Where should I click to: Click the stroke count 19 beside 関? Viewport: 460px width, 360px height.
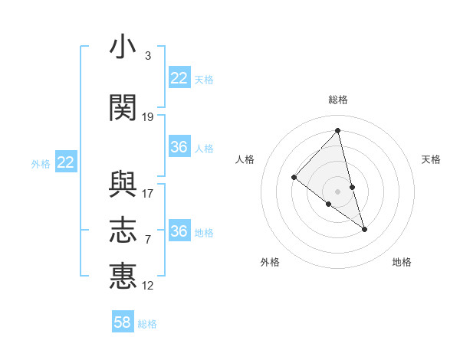[148, 117]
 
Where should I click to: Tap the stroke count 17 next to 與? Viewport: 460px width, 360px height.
[148, 194]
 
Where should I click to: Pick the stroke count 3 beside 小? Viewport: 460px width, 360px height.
[147, 56]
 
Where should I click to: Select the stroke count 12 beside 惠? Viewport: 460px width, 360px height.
[148, 286]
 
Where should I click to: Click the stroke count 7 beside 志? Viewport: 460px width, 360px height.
[147, 240]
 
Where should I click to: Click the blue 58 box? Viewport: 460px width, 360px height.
[123, 322]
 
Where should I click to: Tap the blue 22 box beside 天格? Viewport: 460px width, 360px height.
[179, 78]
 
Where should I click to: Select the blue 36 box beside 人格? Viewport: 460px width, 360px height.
[179, 147]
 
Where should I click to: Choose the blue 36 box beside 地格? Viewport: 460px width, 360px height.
[179, 231]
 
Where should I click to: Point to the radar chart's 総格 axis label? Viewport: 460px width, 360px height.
[338, 100]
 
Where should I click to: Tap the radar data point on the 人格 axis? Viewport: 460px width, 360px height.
[294, 177]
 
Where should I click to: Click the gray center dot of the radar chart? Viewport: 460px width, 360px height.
[338, 191]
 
